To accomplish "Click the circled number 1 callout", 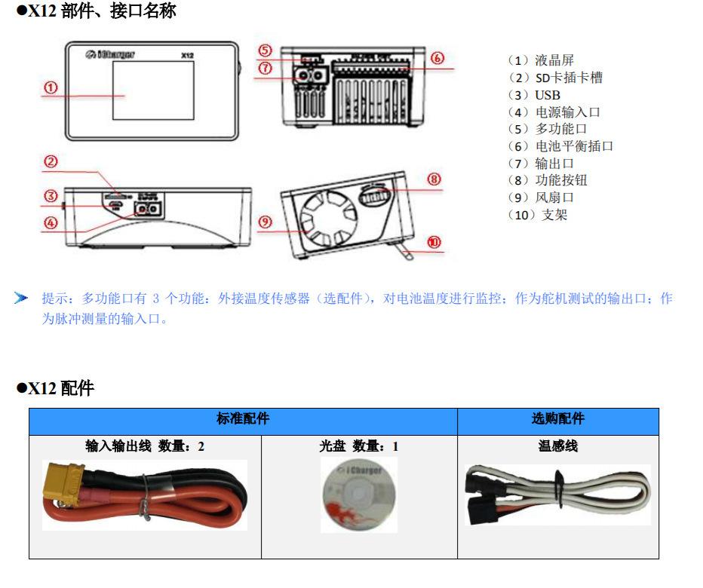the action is (51, 87).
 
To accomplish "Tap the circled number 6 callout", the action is (437, 57).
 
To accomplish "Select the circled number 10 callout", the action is (434, 242).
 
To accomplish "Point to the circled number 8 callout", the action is (434, 179).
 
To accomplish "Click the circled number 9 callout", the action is (265, 222).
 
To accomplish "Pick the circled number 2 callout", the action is (51, 162).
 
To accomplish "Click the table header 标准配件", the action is (243, 419).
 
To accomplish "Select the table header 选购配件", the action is (557, 419).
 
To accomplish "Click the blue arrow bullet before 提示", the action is (21, 299).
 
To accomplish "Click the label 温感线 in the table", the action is (557, 446).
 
